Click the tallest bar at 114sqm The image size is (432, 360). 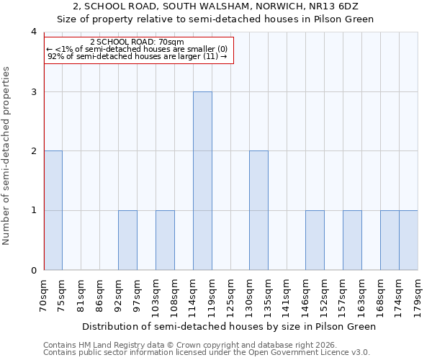(202, 181)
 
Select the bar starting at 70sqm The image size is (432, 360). (53, 210)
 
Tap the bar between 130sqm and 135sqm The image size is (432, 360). (258, 210)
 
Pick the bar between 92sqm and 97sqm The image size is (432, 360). (127, 240)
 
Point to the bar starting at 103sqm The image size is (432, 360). (165, 240)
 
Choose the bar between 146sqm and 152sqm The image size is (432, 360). (315, 240)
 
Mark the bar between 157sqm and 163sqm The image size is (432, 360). (352, 240)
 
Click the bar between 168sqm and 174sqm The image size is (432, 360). (390, 240)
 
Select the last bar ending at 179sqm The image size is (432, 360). (408, 240)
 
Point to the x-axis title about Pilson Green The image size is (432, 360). (229, 326)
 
